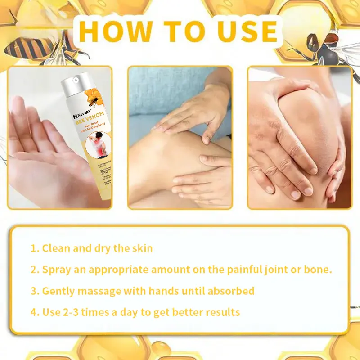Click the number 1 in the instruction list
pos(34,248)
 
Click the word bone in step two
pos(318,270)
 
